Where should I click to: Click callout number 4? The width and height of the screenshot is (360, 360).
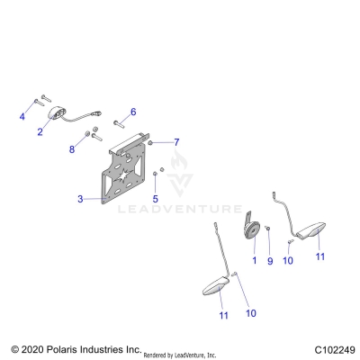22,117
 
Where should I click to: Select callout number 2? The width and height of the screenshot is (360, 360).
40,130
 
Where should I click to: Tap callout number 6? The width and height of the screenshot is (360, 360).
133,112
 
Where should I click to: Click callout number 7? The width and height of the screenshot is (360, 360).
176,142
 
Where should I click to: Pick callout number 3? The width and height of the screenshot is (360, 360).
80,198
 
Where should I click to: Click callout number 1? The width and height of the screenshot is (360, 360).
254,260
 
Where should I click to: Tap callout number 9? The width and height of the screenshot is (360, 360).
269,260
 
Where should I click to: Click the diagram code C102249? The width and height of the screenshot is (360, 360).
336,348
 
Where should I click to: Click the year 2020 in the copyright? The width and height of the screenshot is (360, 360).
34,348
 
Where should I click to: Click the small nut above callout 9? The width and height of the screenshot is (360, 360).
267,231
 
